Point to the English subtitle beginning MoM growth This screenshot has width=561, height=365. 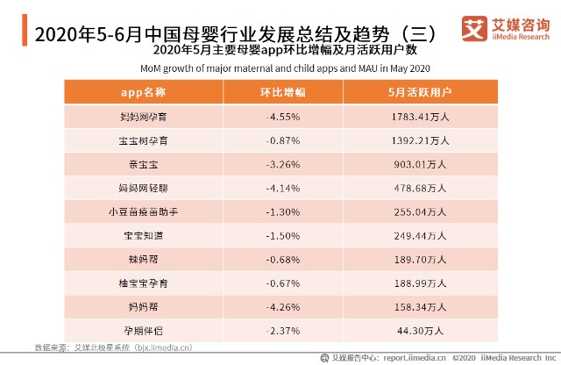click(x=284, y=68)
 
